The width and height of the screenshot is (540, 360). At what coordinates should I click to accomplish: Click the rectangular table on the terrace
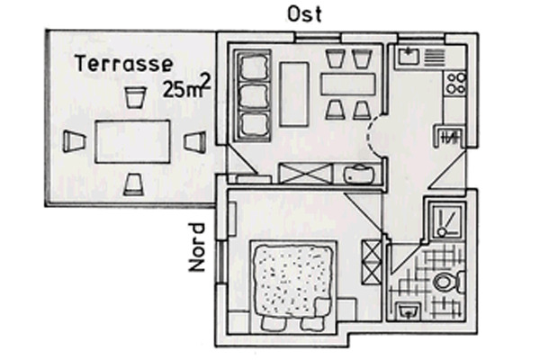(x=132, y=141)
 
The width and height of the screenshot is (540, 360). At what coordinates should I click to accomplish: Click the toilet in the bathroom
(x=445, y=283)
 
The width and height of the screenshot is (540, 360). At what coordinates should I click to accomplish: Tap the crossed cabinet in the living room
(x=296, y=173)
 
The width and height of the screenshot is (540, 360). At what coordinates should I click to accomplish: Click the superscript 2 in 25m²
(x=207, y=80)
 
